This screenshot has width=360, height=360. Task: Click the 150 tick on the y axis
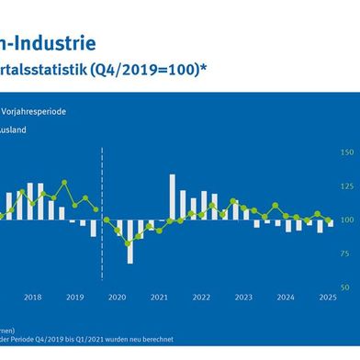click(x=346, y=152)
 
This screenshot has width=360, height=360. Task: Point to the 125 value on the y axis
click(x=346, y=186)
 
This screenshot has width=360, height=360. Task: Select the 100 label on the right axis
click(x=346, y=220)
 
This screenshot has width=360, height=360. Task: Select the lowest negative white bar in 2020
click(x=129, y=242)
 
